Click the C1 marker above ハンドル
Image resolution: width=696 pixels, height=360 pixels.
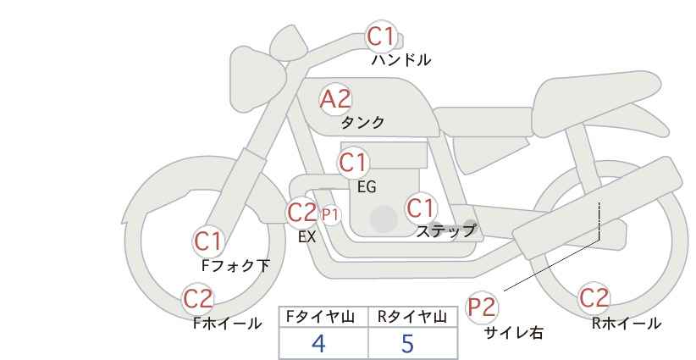pyautogui.click(x=381, y=36)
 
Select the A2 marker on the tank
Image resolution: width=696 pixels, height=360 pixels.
pyautogui.click(x=335, y=99)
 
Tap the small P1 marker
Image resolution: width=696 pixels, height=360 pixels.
pyautogui.click(x=330, y=215)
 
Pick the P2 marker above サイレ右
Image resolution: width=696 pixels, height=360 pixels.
pyautogui.click(x=482, y=307)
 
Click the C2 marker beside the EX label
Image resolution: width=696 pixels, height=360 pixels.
pyautogui.click(x=301, y=212)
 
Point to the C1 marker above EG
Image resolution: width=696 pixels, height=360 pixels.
pyautogui.click(x=353, y=163)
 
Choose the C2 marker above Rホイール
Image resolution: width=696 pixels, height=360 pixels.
pyautogui.click(x=594, y=298)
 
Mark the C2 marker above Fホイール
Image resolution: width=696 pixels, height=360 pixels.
pyautogui.click(x=198, y=299)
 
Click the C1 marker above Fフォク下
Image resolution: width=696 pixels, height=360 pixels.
pyautogui.click(x=207, y=242)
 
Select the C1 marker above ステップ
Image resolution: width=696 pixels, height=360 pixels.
pyautogui.click(x=421, y=208)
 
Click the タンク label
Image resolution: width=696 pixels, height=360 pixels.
pyautogui.click(x=362, y=123)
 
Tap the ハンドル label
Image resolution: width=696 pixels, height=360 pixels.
pyautogui.click(x=400, y=59)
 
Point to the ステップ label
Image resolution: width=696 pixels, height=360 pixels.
pyautogui.click(x=445, y=230)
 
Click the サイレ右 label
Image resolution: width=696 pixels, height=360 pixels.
pyautogui.click(x=514, y=333)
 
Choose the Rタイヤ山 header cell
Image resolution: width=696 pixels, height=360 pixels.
pyautogui.click(x=413, y=317)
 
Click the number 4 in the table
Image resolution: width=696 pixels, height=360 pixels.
pyautogui.click(x=318, y=343)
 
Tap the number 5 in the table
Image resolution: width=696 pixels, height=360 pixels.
pyautogui.click(x=407, y=343)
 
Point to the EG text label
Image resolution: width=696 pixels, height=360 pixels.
pyautogui.click(x=367, y=187)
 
